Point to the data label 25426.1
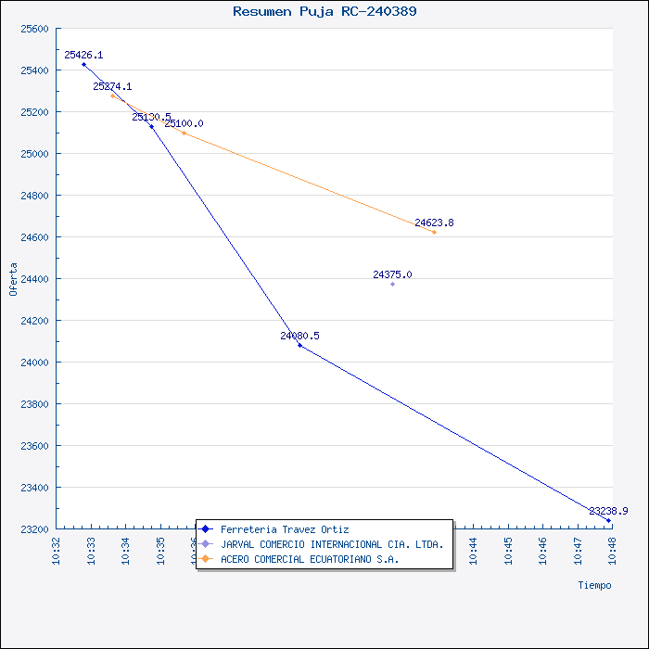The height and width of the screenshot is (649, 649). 83,56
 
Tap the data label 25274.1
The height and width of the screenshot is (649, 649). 112,86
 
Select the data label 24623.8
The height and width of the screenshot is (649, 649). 434,223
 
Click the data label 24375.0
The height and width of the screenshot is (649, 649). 392,274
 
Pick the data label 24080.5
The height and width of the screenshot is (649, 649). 299,336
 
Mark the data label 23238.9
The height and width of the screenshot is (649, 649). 608,511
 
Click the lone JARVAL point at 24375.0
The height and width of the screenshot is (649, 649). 392,284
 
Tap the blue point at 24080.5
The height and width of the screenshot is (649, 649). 299,345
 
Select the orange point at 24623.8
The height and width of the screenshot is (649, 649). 434,232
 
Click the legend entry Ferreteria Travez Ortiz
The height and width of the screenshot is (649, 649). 285,529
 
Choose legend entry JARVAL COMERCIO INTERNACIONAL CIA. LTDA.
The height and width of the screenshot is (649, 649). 332,544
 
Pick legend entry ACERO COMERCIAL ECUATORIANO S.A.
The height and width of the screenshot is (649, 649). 310,559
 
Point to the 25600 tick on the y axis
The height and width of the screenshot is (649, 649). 34,29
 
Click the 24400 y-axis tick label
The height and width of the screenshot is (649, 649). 34,279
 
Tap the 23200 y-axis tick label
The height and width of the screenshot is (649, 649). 34,529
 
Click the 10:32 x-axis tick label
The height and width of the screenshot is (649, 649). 57,548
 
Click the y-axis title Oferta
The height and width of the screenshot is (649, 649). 13,278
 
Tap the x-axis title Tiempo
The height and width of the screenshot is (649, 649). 594,585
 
